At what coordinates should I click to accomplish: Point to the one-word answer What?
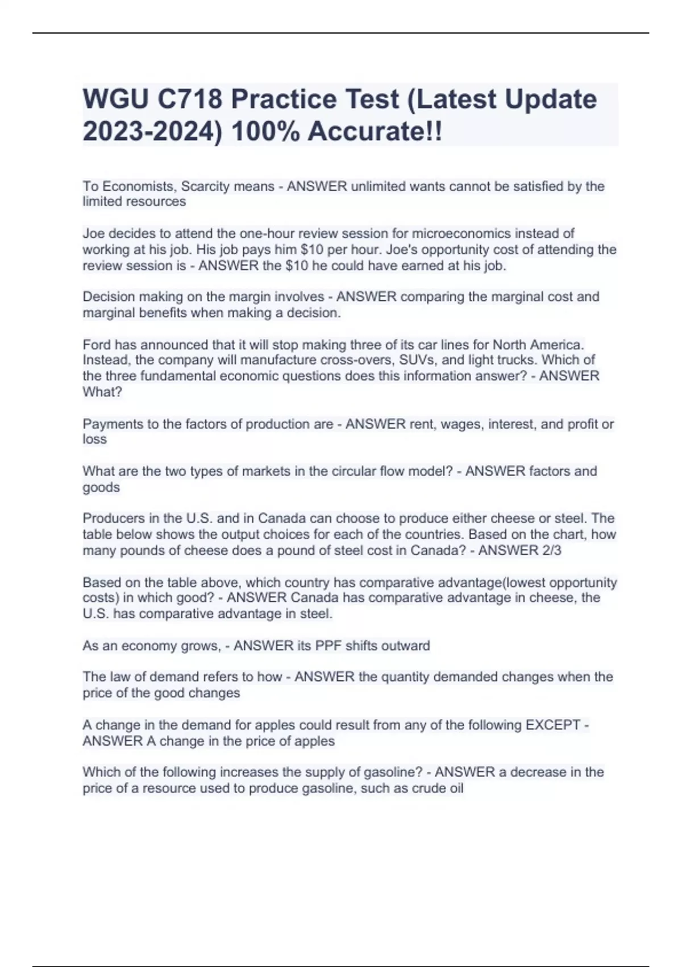click(x=102, y=392)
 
